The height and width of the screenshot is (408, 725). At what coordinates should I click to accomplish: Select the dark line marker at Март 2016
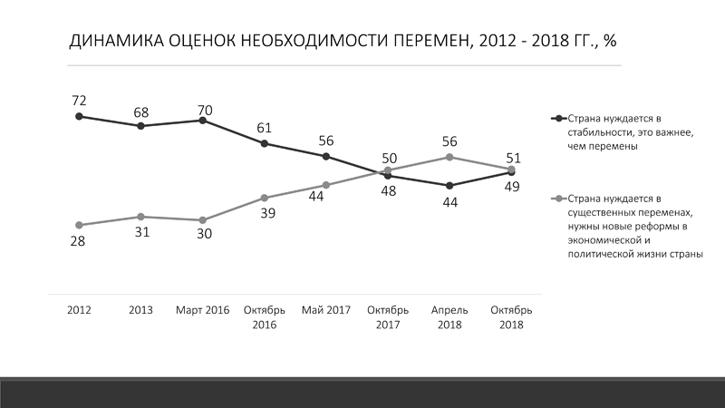(x=203, y=120)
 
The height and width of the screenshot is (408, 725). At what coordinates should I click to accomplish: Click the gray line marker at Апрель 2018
(x=449, y=157)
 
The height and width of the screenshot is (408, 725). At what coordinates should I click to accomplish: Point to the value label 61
(x=265, y=126)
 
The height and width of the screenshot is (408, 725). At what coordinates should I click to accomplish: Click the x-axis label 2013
(x=140, y=310)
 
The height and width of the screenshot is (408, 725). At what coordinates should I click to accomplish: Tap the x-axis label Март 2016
(x=203, y=310)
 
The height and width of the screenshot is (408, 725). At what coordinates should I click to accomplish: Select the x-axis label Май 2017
(x=326, y=310)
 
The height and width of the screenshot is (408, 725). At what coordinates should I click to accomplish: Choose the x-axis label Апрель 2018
(x=449, y=316)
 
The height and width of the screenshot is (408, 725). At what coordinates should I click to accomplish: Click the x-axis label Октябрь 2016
(x=265, y=316)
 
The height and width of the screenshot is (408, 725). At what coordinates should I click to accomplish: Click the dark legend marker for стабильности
(x=559, y=119)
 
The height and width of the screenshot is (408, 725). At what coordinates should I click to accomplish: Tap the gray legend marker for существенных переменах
(x=559, y=199)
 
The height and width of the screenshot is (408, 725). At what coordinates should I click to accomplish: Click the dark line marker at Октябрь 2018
(x=512, y=172)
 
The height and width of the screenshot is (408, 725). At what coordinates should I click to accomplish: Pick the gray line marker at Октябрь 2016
(x=265, y=198)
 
